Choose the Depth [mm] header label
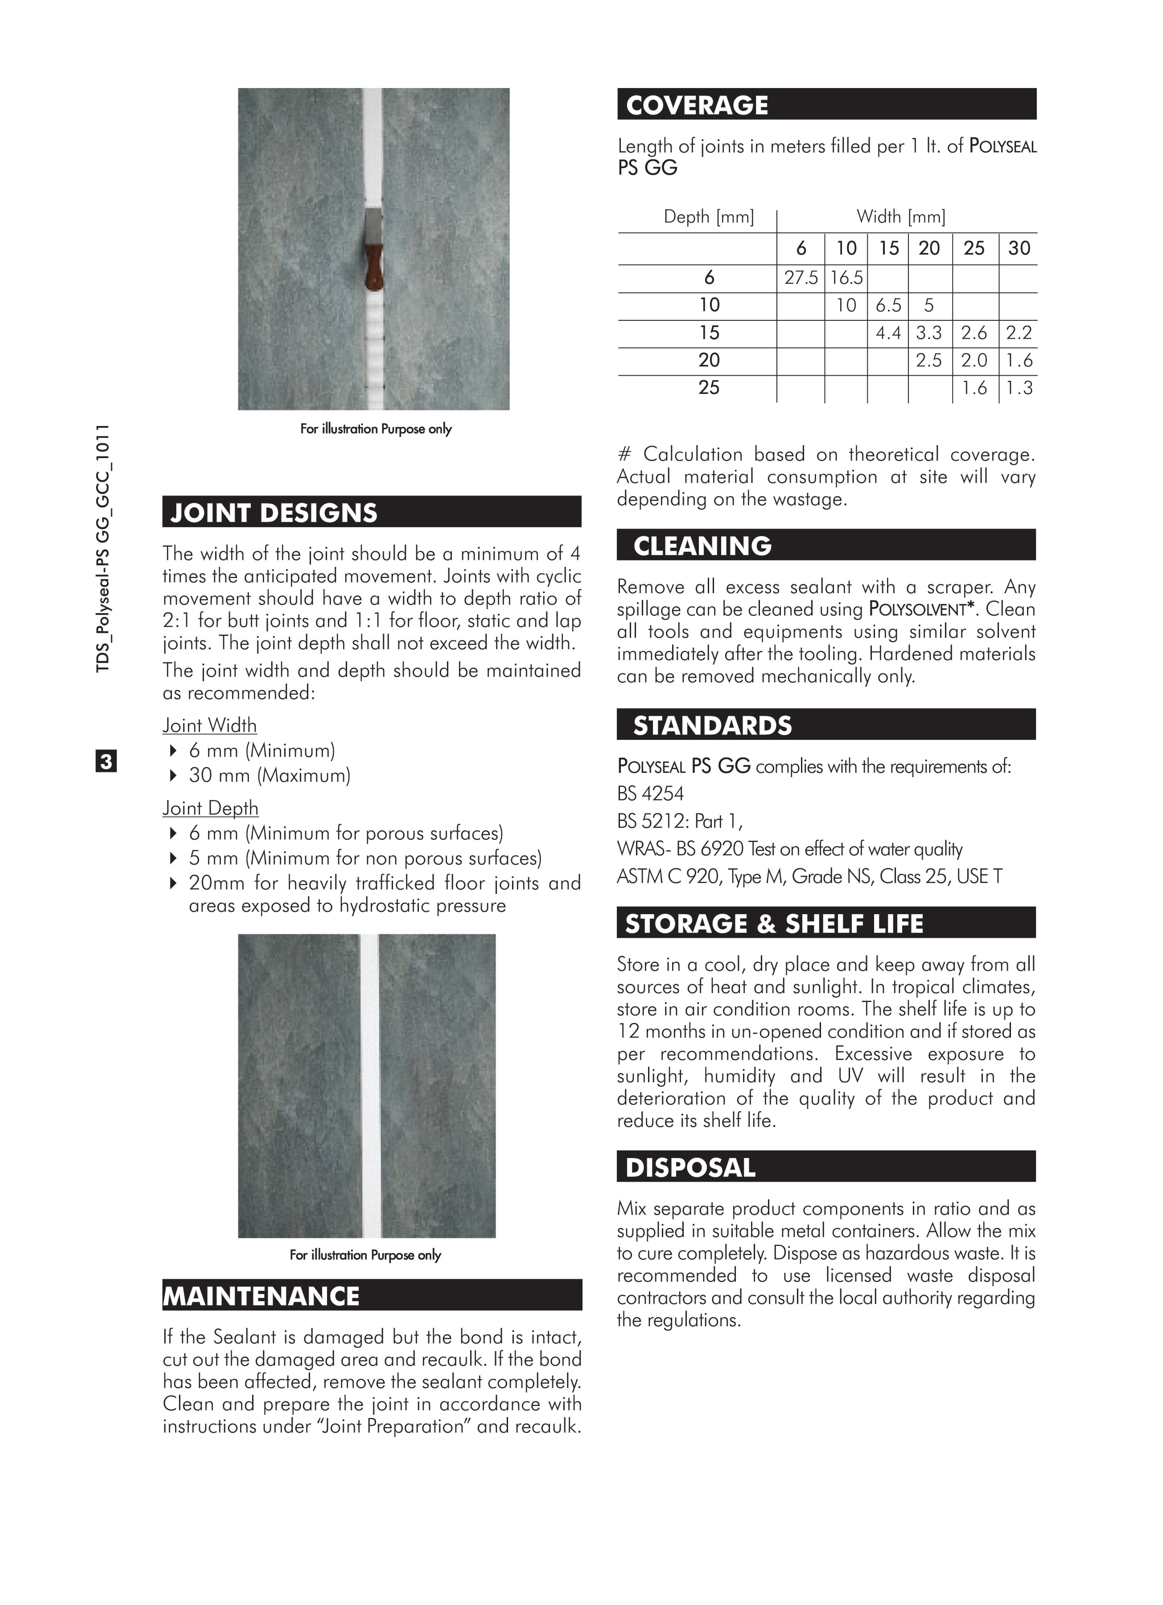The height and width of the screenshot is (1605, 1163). click(x=708, y=216)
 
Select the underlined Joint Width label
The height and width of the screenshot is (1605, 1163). click(x=210, y=725)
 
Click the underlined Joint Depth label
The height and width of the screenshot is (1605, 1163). click(x=210, y=808)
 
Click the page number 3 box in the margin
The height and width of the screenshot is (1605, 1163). click(x=105, y=761)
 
